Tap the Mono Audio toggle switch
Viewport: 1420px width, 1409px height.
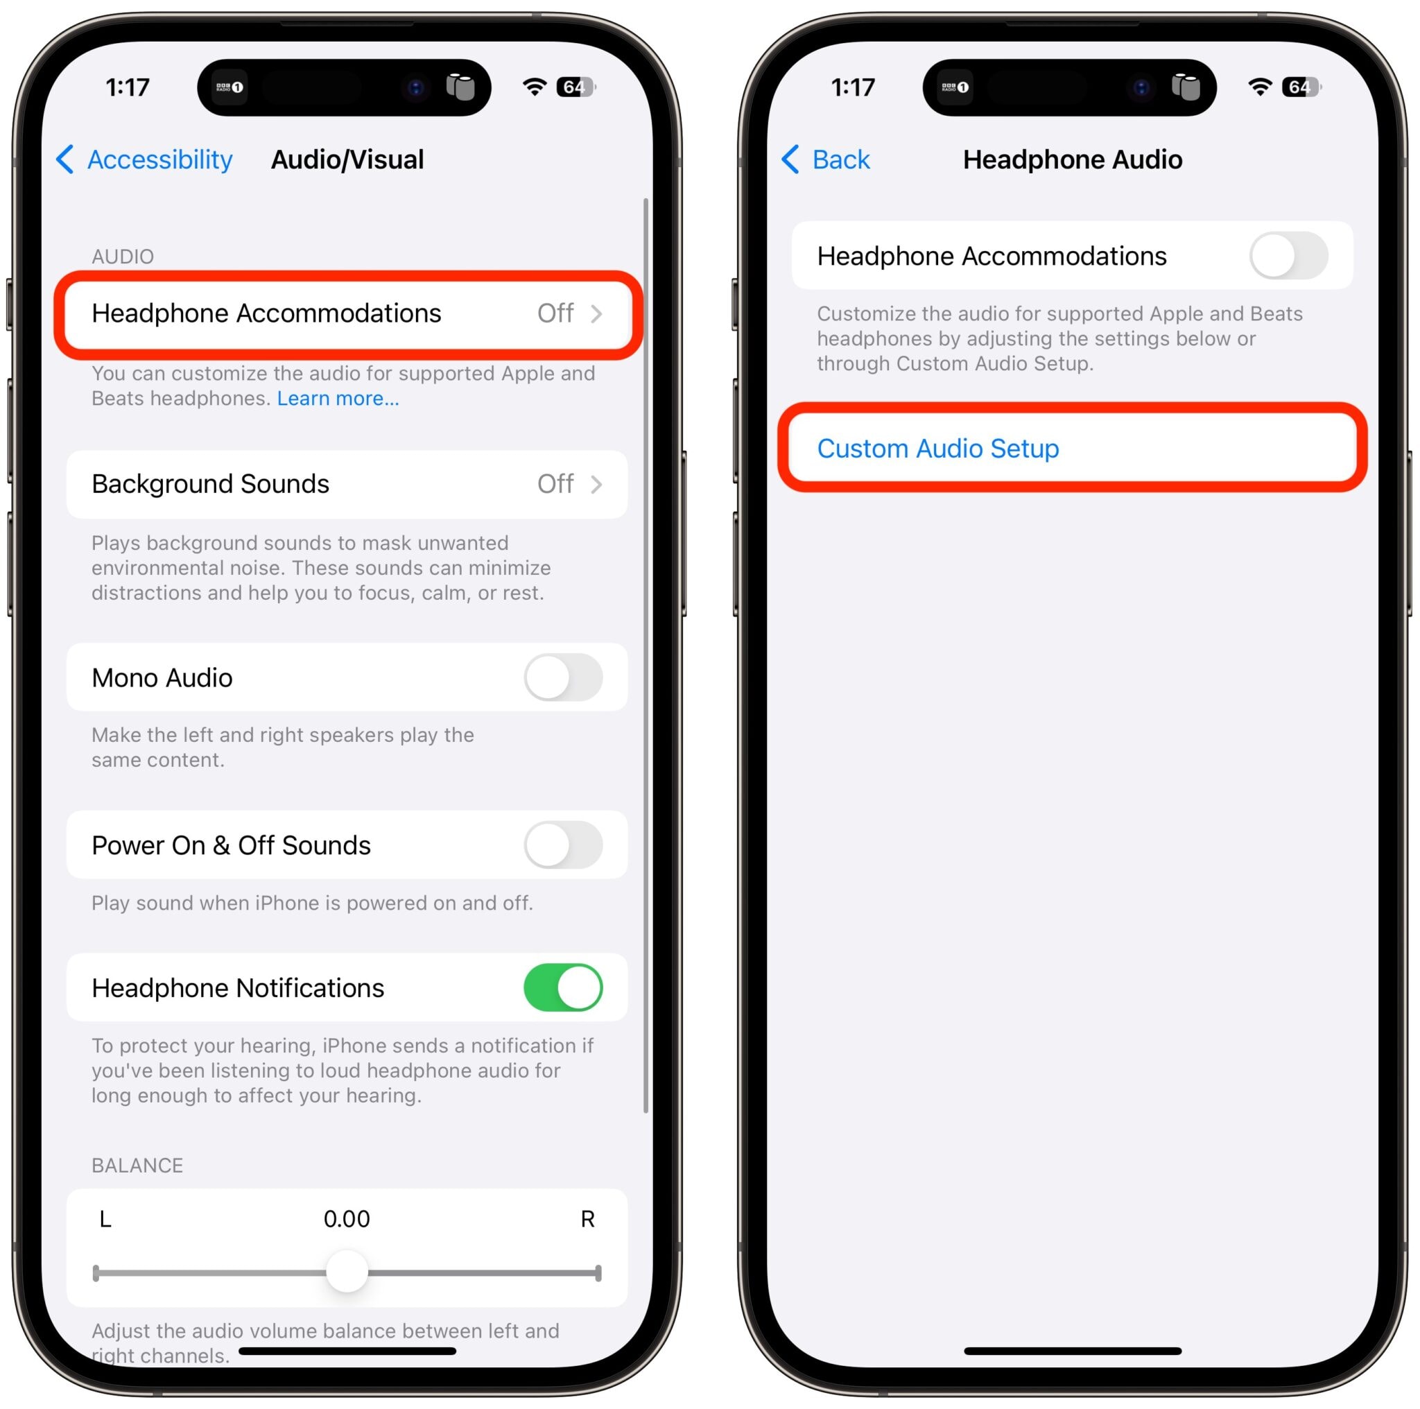click(563, 677)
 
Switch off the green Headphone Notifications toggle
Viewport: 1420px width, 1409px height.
click(563, 987)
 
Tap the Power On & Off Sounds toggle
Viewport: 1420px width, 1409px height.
click(563, 845)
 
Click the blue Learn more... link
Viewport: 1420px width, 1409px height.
click(338, 399)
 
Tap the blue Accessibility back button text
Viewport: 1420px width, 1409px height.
click(159, 159)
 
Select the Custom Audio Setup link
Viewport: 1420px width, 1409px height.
click(938, 449)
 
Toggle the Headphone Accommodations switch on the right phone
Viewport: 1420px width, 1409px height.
click(1288, 256)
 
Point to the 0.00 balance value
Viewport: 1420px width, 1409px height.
click(347, 1218)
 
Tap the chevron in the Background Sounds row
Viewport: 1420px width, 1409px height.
click(597, 485)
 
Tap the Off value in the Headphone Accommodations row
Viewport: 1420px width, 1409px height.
click(555, 314)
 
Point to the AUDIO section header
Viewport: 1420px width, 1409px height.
click(123, 257)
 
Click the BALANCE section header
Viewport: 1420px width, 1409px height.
click(137, 1165)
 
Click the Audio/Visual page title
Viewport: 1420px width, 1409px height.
click(347, 159)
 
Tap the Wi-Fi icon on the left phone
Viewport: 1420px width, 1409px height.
click(535, 87)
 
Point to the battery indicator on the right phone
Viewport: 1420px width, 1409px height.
click(1301, 87)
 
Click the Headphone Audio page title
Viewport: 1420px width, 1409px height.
click(1073, 159)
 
